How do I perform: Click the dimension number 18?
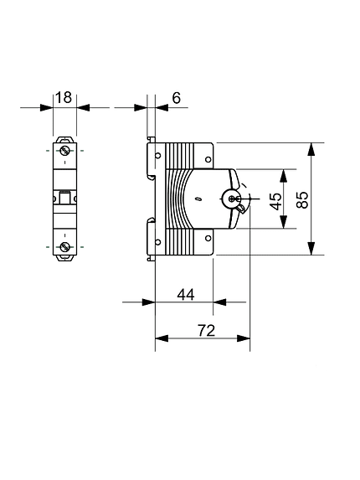click(64, 97)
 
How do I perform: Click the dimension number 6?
click(176, 98)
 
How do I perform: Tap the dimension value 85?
click(303, 199)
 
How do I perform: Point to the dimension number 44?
click(185, 294)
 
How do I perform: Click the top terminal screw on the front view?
click(64, 151)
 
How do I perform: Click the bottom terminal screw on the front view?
click(64, 246)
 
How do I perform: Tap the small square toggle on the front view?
click(64, 199)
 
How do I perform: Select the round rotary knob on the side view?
click(231, 199)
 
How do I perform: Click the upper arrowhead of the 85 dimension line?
click(311, 147)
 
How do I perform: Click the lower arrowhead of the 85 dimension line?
click(311, 250)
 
